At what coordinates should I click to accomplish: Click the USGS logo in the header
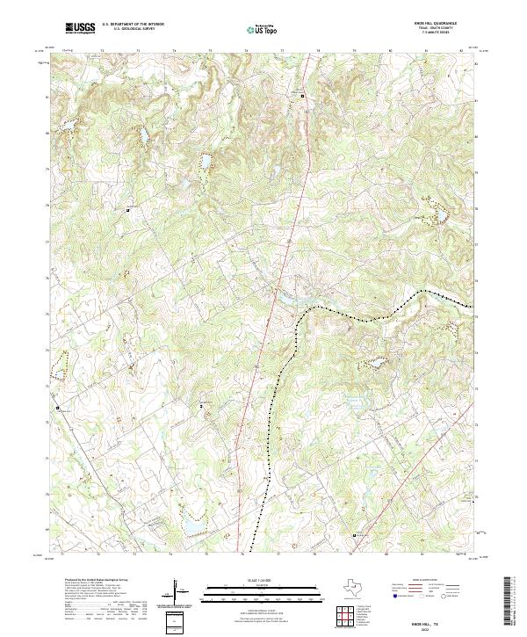(80, 28)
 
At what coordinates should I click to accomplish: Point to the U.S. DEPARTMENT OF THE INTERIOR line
(133, 24)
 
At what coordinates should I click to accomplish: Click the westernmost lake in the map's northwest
(64, 129)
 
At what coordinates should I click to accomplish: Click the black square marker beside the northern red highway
(304, 95)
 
